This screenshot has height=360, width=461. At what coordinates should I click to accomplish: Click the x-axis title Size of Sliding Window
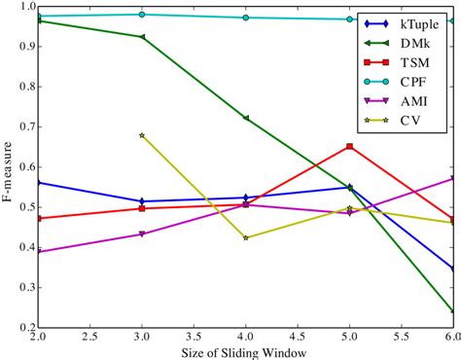pos(245,351)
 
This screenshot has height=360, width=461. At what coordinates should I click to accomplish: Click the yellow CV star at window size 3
pos(142,135)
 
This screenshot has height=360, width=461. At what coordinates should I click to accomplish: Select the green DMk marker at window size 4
pos(245,119)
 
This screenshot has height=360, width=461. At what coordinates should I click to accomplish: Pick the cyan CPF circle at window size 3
pos(142,15)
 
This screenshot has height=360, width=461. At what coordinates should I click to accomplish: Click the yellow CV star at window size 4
pos(245,237)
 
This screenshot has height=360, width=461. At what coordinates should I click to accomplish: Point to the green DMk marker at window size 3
pos(142,37)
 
